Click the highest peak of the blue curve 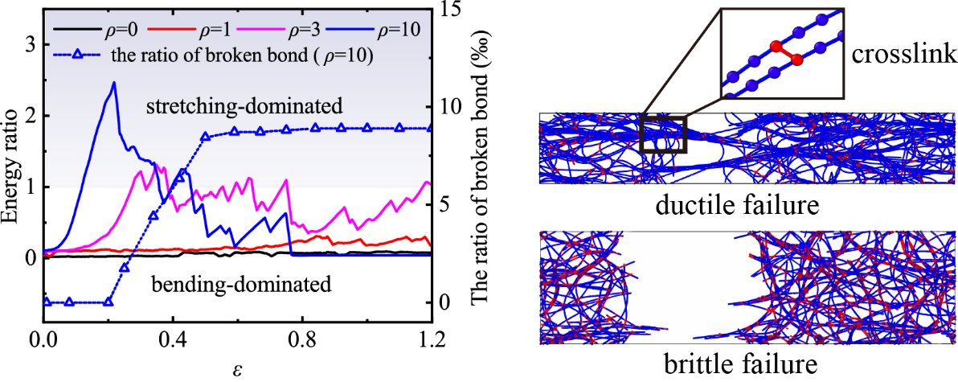113,82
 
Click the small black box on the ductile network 663,133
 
